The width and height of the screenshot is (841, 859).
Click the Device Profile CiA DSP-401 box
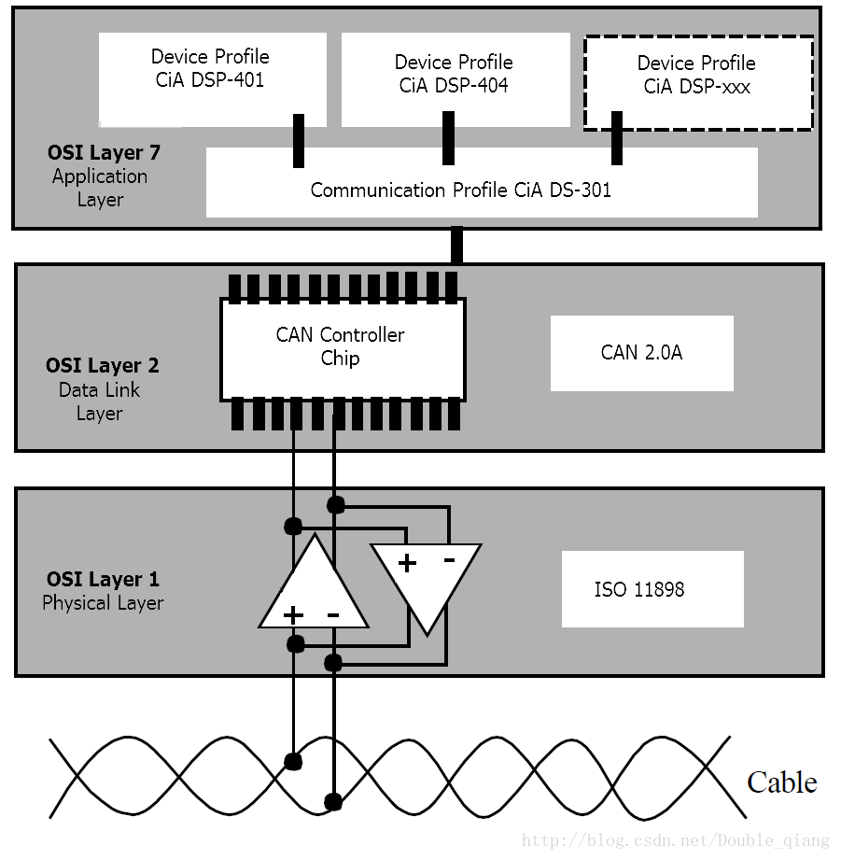tap(213, 80)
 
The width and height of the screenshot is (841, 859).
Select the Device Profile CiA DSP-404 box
tap(456, 80)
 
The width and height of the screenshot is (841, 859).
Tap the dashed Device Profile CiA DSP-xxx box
tap(698, 83)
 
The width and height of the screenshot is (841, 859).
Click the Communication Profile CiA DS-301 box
tap(482, 182)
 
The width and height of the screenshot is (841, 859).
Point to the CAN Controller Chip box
tap(343, 349)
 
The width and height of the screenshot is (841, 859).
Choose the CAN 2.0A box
tap(641, 353)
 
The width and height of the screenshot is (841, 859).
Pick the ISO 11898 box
tap(652, 589)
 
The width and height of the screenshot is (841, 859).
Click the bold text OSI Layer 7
tap(104, 152)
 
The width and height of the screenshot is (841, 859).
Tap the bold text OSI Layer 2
tap(103, 365)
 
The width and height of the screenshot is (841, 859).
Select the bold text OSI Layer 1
tap(103, 579)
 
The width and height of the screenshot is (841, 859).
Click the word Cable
tap(782, 782)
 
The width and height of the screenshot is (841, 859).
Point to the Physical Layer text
tap(103, 603)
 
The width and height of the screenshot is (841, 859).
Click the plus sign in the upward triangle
tap(293, 614)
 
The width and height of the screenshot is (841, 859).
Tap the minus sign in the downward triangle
tap(449, 560)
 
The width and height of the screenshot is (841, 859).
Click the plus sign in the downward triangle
tap(407, 563)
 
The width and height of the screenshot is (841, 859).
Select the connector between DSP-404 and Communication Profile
tap(448, 138)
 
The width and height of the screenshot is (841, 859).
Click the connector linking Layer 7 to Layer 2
tap(456, 245)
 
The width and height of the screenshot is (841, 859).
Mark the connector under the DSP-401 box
tap(299, 141)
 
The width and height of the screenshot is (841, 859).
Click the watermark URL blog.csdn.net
tap(676, 840)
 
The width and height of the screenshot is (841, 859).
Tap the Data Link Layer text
tap(99, 401)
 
